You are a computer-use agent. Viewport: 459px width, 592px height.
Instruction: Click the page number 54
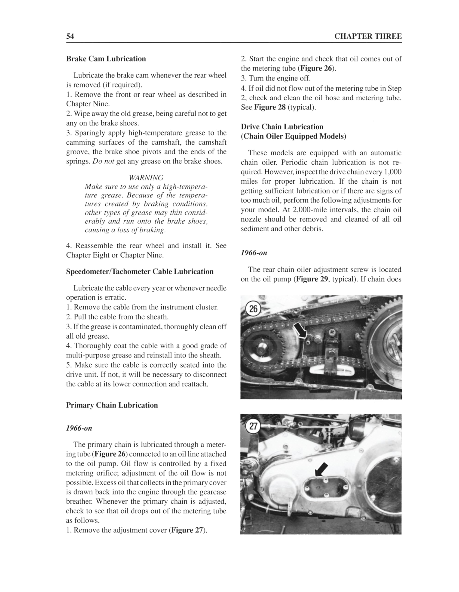click(70, 36)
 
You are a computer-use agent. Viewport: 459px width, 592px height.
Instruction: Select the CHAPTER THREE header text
click(368, 36)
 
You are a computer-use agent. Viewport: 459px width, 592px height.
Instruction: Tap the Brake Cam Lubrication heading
click(106, 59)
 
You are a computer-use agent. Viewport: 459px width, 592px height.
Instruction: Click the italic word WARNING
click(146, 178)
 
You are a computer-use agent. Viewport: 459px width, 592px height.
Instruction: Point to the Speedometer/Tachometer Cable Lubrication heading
click(140, 272)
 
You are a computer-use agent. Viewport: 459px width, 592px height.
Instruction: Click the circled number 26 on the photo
click(253, 309)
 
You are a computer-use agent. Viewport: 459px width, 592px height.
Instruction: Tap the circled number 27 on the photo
click(253, 426)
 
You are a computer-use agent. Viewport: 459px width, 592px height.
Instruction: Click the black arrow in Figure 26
click(300, 331)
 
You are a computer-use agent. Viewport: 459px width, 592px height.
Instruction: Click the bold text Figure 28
click(270, 107)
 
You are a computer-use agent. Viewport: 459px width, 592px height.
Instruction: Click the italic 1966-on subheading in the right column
click(254, 253)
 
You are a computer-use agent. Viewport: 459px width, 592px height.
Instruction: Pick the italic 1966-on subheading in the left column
click(79, 429)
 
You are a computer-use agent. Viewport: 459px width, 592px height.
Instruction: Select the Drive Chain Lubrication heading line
click(282, 127)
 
